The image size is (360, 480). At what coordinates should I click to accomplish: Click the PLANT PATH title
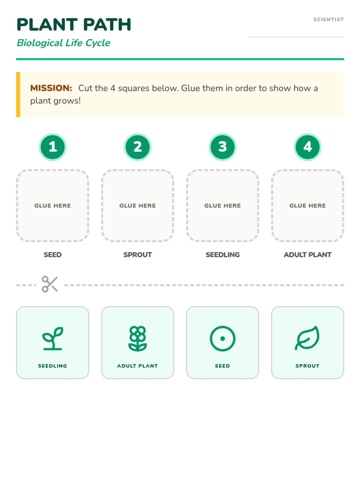[74, 25]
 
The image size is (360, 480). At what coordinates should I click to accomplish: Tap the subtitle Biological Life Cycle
[63, 43]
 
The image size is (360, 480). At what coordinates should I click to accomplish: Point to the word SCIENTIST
[328, 19]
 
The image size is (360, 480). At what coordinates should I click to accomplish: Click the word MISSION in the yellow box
[51, 88]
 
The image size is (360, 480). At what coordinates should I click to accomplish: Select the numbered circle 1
[52, 147]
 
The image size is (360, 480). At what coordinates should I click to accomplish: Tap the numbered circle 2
[137, 147]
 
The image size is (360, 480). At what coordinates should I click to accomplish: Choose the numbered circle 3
[223, 147]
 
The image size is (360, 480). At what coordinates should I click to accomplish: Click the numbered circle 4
[307, 147]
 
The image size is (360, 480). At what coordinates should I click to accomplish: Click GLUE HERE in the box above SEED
[52, 205]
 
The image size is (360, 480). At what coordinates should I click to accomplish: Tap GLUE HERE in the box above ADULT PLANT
[307, 205]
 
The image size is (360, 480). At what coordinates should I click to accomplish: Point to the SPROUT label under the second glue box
[137, 254]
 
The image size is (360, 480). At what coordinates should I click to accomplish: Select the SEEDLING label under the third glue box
[223, 254]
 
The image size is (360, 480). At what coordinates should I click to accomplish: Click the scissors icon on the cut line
[50, 284]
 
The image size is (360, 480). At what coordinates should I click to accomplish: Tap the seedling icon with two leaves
[53, 338]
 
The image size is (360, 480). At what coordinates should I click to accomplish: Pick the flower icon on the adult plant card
[137, 338]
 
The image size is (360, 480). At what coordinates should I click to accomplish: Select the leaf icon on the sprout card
[307, 338]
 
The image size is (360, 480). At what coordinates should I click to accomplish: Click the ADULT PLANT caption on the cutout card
[137, 366]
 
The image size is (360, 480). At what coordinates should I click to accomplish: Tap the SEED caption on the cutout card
[223, 366]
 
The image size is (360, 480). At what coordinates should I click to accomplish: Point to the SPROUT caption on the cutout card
[307, 366]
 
